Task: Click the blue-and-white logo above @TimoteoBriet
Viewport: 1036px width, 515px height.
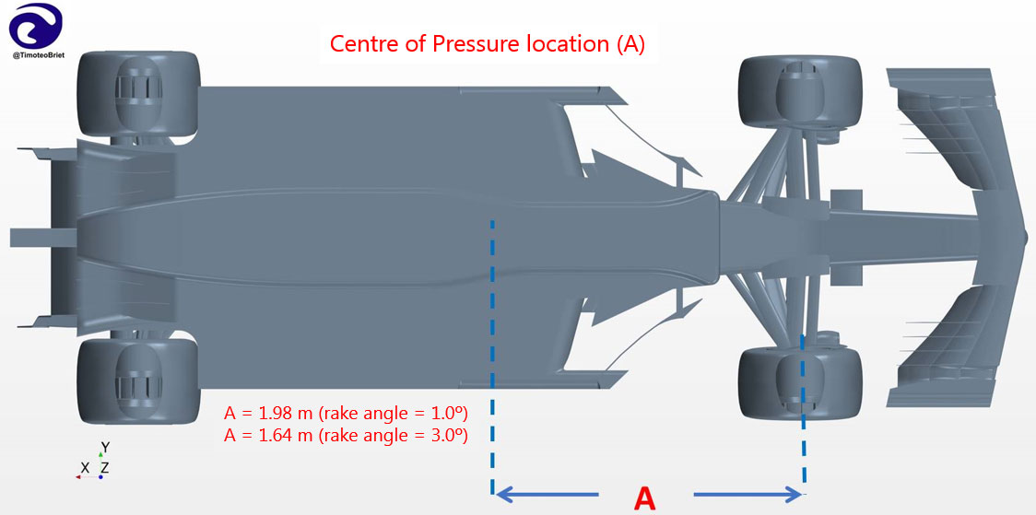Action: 36,27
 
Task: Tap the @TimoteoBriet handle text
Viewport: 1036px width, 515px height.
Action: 37,57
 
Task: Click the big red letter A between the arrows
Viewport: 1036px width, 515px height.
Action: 645,497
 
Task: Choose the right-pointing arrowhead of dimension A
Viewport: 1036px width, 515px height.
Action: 793,493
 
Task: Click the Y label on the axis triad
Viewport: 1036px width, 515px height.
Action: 105,447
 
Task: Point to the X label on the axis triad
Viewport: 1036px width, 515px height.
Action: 85,468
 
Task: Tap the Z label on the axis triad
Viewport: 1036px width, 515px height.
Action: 106,468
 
